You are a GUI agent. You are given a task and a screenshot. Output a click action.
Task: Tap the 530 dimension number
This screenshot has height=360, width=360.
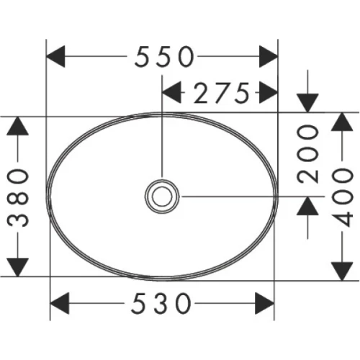162,303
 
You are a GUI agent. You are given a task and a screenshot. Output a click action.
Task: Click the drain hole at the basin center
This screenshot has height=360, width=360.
162,195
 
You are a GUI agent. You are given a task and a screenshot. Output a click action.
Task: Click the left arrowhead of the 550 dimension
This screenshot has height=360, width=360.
56,56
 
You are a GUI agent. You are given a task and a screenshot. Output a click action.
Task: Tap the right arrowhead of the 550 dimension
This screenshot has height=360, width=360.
269,56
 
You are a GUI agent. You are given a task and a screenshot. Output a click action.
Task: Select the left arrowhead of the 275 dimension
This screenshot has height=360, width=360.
171,92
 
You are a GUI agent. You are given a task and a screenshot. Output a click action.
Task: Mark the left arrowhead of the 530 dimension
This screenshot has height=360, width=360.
60,303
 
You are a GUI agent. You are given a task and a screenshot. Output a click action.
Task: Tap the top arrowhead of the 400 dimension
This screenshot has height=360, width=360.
341,124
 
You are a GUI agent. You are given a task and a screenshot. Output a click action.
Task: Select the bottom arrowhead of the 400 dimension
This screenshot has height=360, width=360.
341,268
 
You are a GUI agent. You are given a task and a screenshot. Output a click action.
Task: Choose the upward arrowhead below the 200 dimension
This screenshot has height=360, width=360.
308,207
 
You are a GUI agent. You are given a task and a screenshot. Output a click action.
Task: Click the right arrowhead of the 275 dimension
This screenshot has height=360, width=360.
269,92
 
